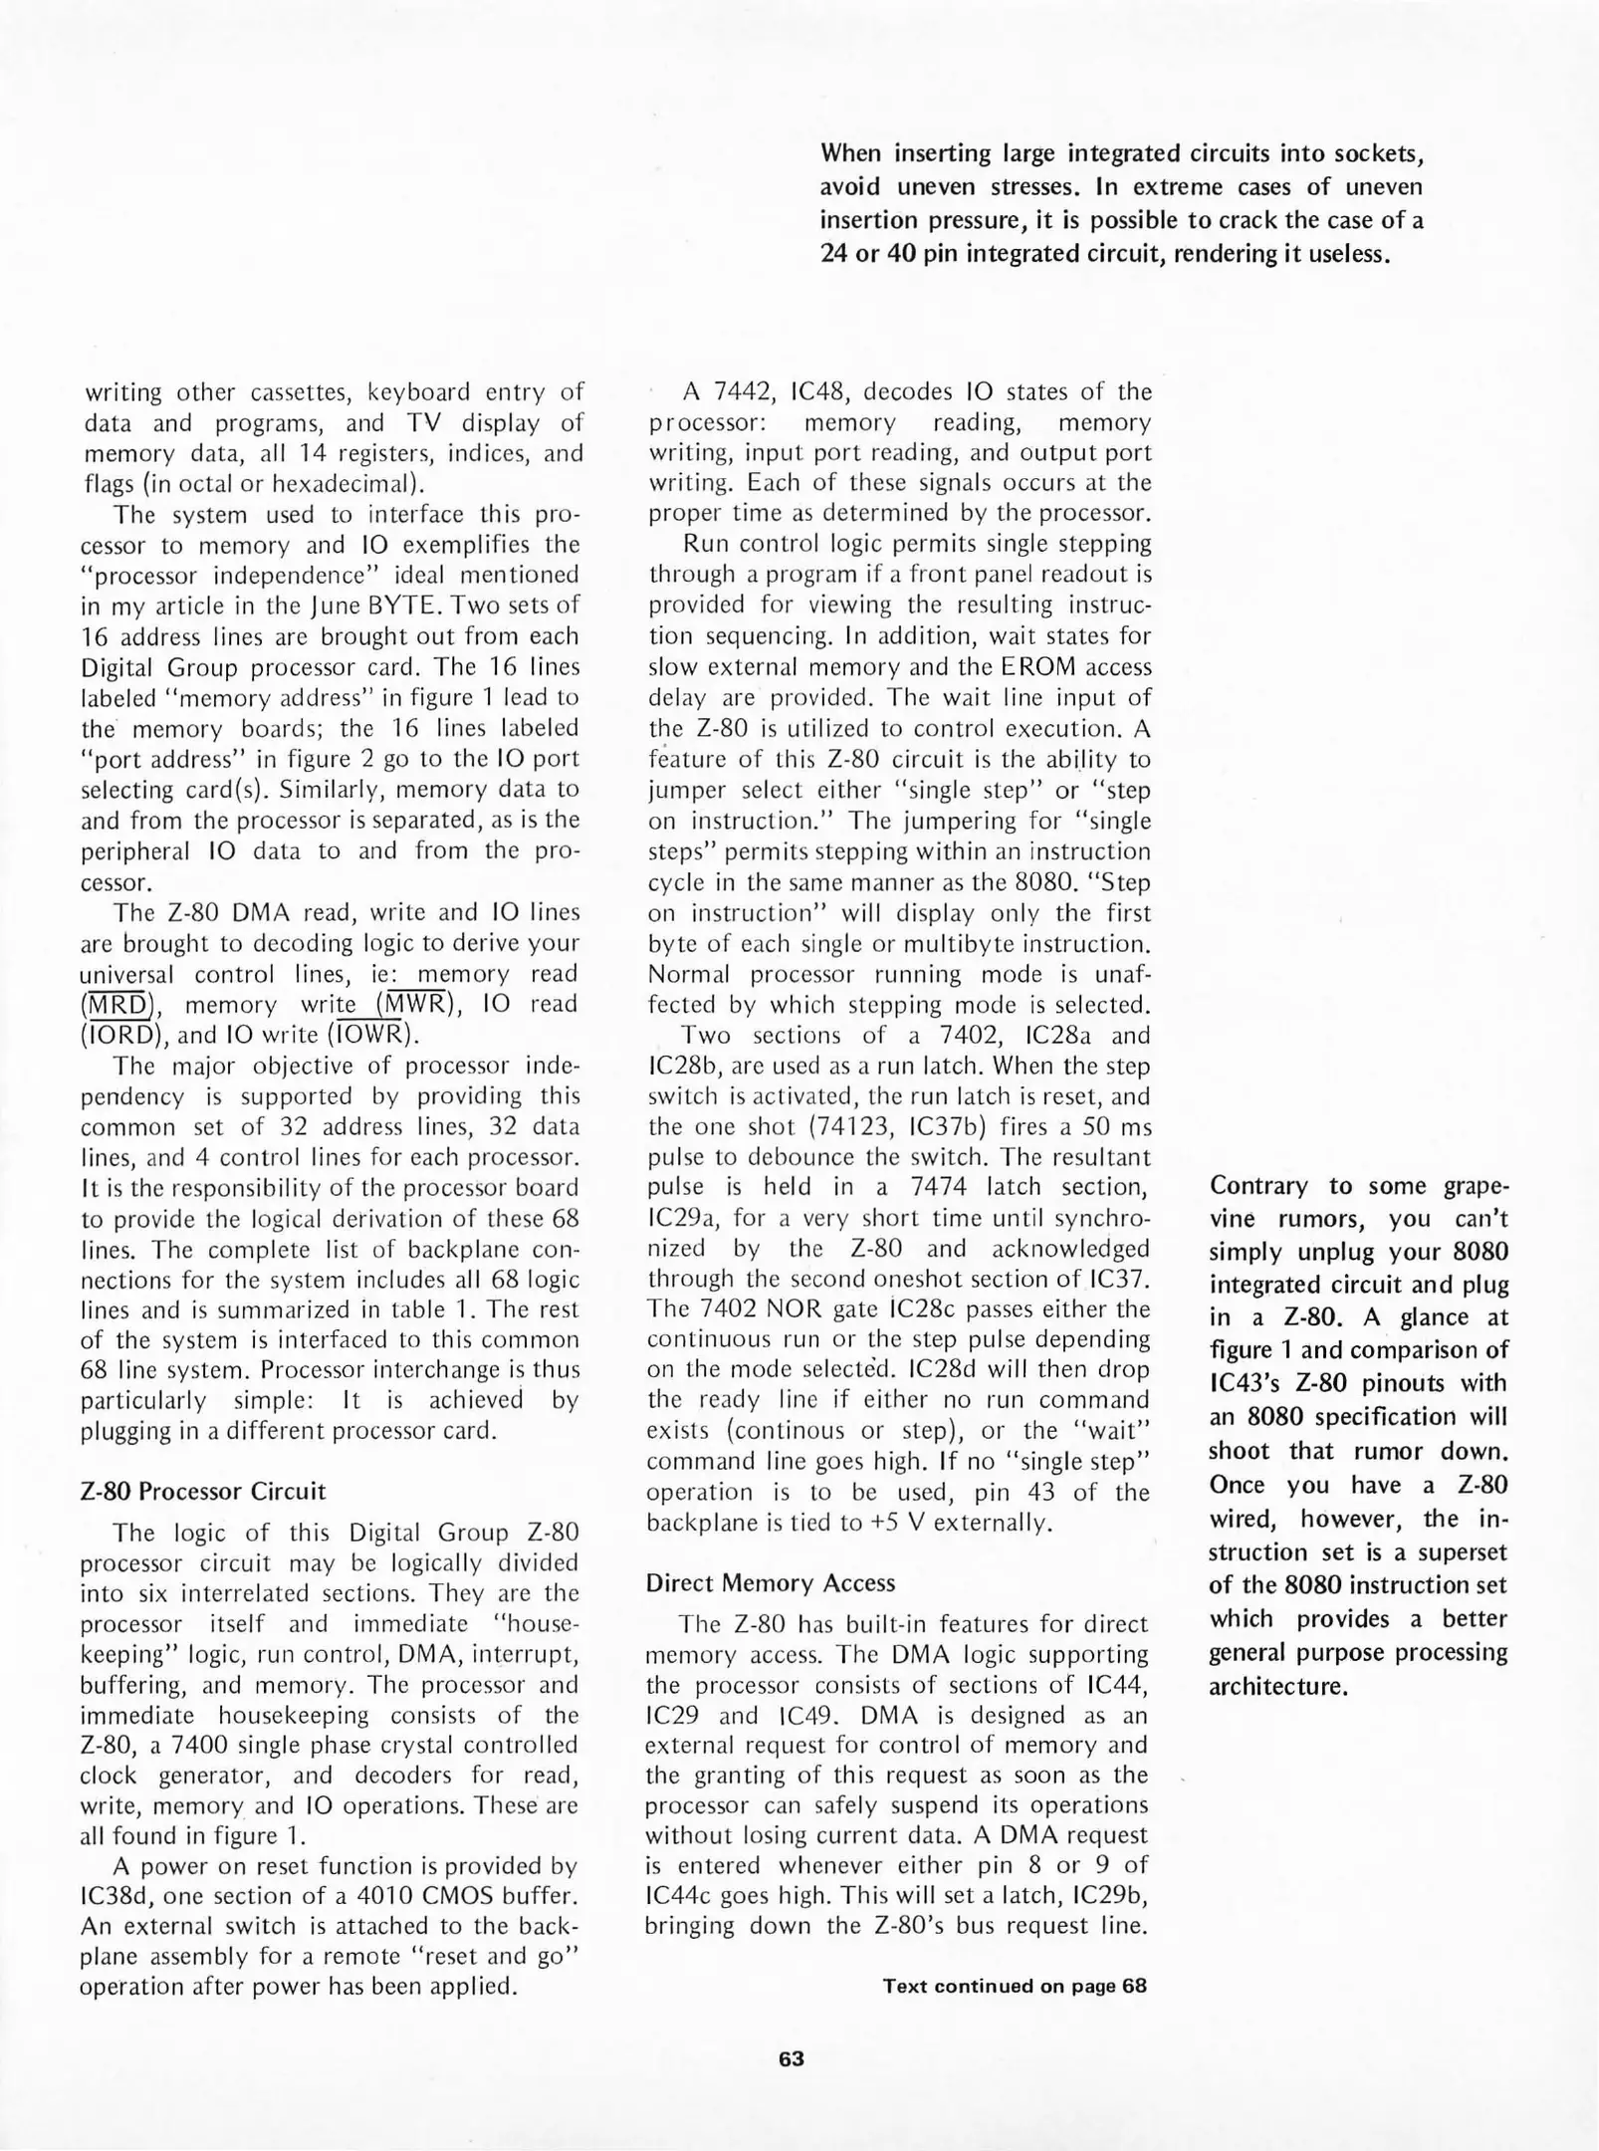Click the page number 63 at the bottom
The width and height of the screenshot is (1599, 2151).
(791, 2058)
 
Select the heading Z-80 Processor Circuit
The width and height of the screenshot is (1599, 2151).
(202, 1491)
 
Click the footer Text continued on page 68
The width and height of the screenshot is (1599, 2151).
(1014, 1986)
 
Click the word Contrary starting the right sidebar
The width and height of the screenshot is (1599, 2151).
(1258, 1186)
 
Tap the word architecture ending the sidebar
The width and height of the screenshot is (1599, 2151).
(1277, 1687)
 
